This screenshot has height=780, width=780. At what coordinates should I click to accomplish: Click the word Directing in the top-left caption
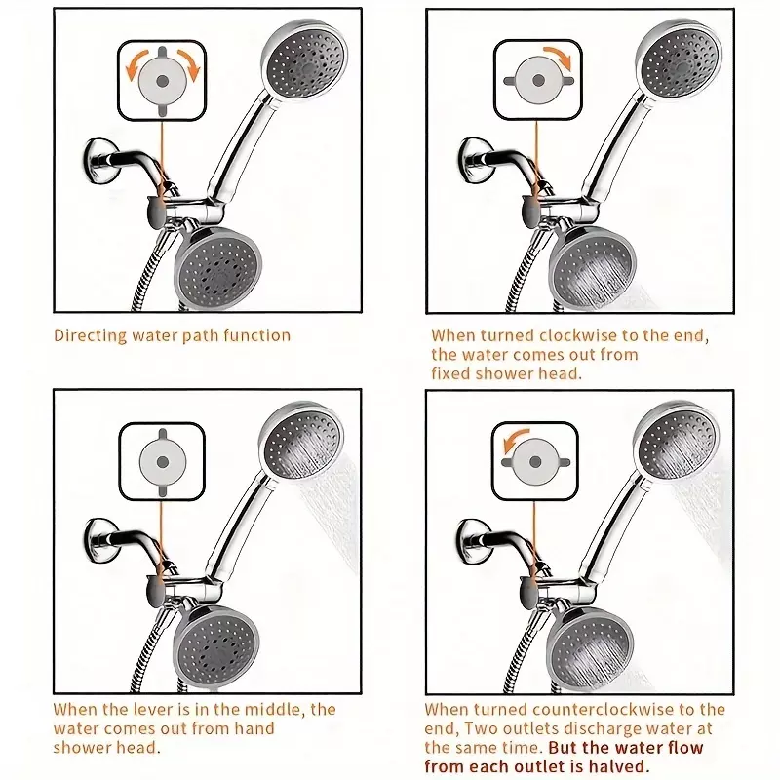point(91,336)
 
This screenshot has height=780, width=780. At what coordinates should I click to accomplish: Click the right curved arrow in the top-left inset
point(188,64)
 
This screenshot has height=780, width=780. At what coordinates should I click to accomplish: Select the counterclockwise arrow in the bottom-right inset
point(515,440)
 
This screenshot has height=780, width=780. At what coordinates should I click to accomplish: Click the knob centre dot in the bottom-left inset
point(163,462)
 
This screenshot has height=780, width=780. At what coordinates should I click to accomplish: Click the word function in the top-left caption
point(256,335)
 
